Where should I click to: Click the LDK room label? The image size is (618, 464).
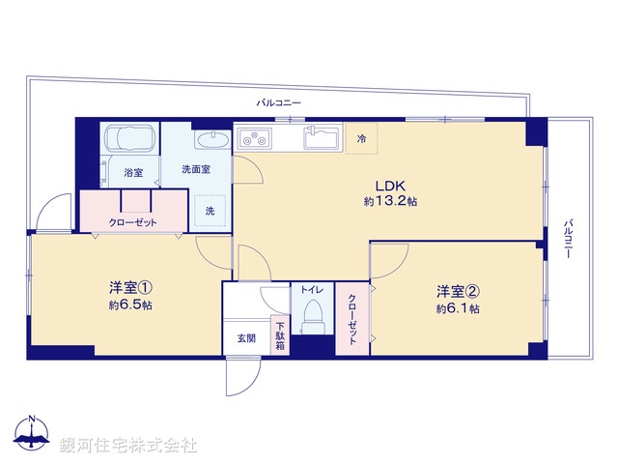click(389, 186)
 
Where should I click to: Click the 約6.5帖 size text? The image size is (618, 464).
click(129, 305)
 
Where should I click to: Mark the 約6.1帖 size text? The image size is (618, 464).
click(457, 308)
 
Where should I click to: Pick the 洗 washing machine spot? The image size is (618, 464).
click(210, 211)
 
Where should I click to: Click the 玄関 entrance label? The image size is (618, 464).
click(246, 338)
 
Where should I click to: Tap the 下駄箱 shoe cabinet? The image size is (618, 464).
click(279, 335)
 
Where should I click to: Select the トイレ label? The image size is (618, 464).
click(312, 289)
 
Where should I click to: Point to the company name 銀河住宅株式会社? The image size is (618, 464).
click(128, 445)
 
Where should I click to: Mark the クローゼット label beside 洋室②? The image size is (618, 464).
click(352, 320)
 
